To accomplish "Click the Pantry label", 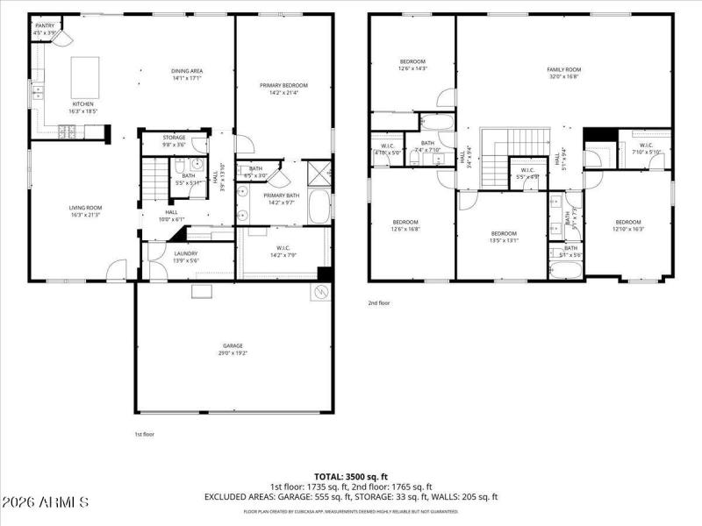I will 44,26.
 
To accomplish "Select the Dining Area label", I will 186,71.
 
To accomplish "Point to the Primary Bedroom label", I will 283,85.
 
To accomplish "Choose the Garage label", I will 233,345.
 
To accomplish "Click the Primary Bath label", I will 282,195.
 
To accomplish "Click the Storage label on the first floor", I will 174,138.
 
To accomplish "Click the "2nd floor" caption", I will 379,303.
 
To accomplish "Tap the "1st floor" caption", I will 144,434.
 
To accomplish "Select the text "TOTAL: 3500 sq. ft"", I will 351,476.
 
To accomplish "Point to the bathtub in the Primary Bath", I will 320,205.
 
